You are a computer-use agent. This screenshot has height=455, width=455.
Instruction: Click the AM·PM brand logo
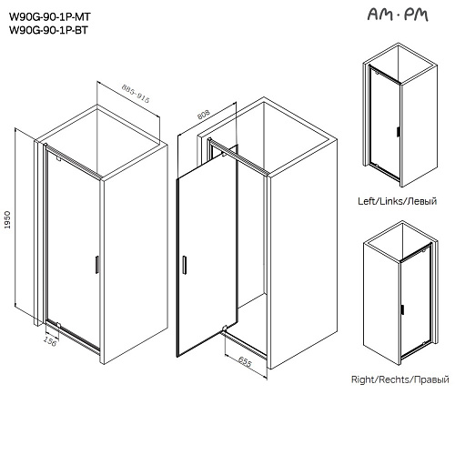tap(398, 15)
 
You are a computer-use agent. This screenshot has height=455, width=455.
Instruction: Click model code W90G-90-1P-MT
tap(50, 16)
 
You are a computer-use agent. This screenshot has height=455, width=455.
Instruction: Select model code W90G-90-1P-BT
tap(48, 30)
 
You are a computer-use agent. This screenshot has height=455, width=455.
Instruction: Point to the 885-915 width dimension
tap(136, 94)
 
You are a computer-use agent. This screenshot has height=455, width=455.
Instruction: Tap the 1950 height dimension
tap(7, 220)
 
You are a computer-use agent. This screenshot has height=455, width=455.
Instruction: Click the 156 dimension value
tap(50, 340)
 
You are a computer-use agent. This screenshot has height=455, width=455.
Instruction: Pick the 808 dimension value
tap(204, 115)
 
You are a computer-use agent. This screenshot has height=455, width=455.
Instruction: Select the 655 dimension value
tap(245, 361)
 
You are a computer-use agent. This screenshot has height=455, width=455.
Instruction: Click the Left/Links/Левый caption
tap(398, 201)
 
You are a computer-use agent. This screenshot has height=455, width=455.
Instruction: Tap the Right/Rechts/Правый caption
tap(400, 379)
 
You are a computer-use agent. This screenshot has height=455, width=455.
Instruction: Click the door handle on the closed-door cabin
tap(96, 265)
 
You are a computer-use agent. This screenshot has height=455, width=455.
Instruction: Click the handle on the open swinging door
tap(184, 265)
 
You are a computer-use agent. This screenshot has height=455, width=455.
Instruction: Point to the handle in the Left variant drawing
tap(398, 133)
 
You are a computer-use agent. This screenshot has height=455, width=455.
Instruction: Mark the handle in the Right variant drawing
tap(402, 309)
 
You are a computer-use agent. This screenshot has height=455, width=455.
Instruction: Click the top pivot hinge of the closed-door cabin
tap(59, 158)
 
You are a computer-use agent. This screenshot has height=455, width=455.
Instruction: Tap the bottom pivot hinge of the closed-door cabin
tap(58, 325)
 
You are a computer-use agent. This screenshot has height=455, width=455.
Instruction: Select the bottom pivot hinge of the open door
tap(225, 328)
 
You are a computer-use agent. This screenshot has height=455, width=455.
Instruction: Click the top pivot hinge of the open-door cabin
tap(223, 155)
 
